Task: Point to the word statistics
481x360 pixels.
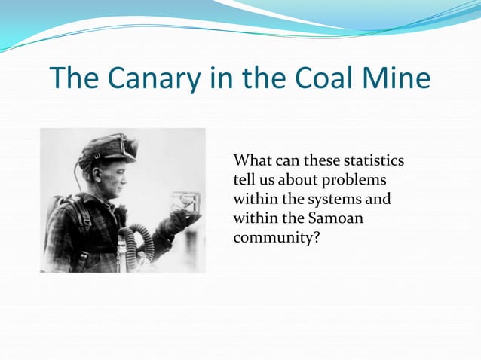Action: click(373, 161)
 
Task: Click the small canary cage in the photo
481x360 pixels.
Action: click(184, 203)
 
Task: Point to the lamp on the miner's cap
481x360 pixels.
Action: click(125, 145)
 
